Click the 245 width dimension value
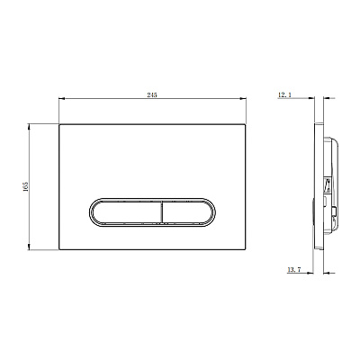[x=152, y=94]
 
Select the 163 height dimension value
[x=26, y=186]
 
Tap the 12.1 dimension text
[x=284, y=94]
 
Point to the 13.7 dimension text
[x=294, y=270]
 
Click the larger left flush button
[x=127, y=212]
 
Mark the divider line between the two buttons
[x=162, y=212]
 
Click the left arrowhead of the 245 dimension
[x=61, y=98]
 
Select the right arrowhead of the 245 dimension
[x=243, y=98]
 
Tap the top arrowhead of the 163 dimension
[x=29, y=127]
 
